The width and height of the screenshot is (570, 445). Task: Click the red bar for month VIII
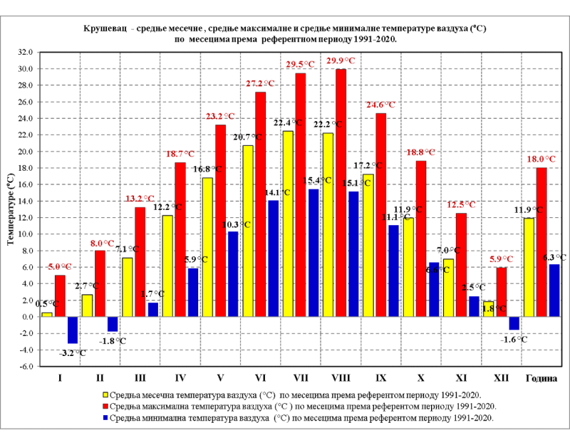pos(341,192)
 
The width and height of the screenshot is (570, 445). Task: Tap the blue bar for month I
pos(73,330)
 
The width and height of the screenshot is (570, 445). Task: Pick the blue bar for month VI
pos(274,258)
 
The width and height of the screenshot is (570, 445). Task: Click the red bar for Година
pos(541,242)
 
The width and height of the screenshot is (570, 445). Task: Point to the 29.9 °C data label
pos(340,61)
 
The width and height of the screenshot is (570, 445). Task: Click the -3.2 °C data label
pos(71,352)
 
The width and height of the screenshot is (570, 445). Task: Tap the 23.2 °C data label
pos(220,116)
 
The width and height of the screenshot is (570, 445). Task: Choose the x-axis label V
pos(220,377)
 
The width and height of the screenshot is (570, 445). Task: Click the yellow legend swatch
pos(105,394)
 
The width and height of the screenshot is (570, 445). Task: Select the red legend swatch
pos(105,406)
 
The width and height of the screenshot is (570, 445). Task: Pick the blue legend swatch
pos(105,418)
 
